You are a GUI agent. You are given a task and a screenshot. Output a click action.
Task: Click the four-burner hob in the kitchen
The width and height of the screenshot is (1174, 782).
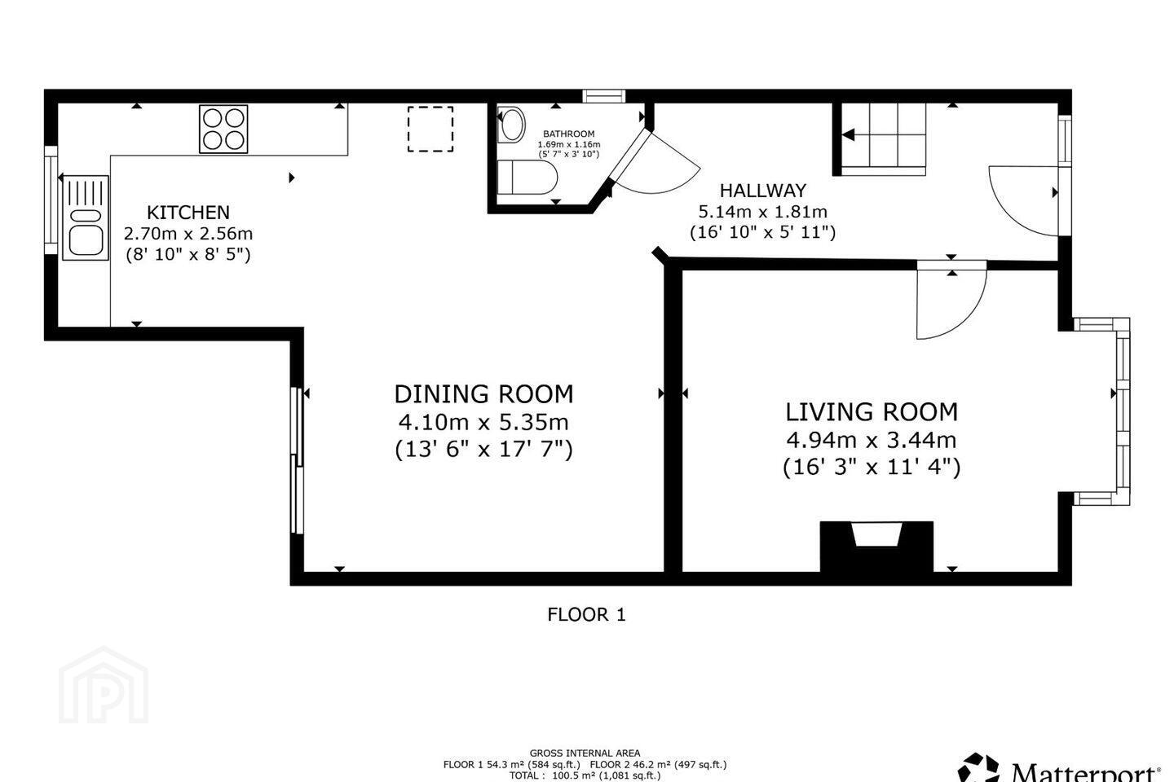coord(223,129)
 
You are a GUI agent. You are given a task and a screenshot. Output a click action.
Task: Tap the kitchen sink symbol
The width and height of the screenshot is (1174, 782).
coord(86,217)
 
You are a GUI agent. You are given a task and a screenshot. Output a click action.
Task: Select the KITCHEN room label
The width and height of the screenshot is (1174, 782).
coord(188,212)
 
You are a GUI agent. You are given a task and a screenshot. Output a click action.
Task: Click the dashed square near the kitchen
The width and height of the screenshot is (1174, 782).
coord(430,129)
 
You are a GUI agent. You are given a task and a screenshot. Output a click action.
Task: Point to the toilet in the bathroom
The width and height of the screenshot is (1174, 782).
coord(527,178)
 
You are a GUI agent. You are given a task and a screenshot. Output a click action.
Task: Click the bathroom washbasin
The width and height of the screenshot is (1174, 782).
coord(511,125)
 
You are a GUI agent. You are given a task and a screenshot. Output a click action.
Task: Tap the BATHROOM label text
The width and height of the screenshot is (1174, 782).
coord(569,134)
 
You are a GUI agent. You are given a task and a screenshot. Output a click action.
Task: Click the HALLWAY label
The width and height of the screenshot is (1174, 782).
coord(762,190)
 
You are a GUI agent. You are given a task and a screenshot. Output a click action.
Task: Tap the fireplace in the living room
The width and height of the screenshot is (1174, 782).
coord(876,547)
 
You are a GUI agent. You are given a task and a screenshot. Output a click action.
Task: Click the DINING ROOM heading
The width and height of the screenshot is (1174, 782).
coord(483,394)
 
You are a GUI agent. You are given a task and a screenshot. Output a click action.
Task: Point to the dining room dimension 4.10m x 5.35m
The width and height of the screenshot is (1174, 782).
coord(483,422)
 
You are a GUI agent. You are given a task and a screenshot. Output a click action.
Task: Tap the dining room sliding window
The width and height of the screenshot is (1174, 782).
coord(297,461)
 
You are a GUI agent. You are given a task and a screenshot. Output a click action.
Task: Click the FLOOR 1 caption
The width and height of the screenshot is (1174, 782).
coord(586,614)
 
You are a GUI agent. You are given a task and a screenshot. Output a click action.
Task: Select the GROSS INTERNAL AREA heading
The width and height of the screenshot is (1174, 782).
coord(585,753)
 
